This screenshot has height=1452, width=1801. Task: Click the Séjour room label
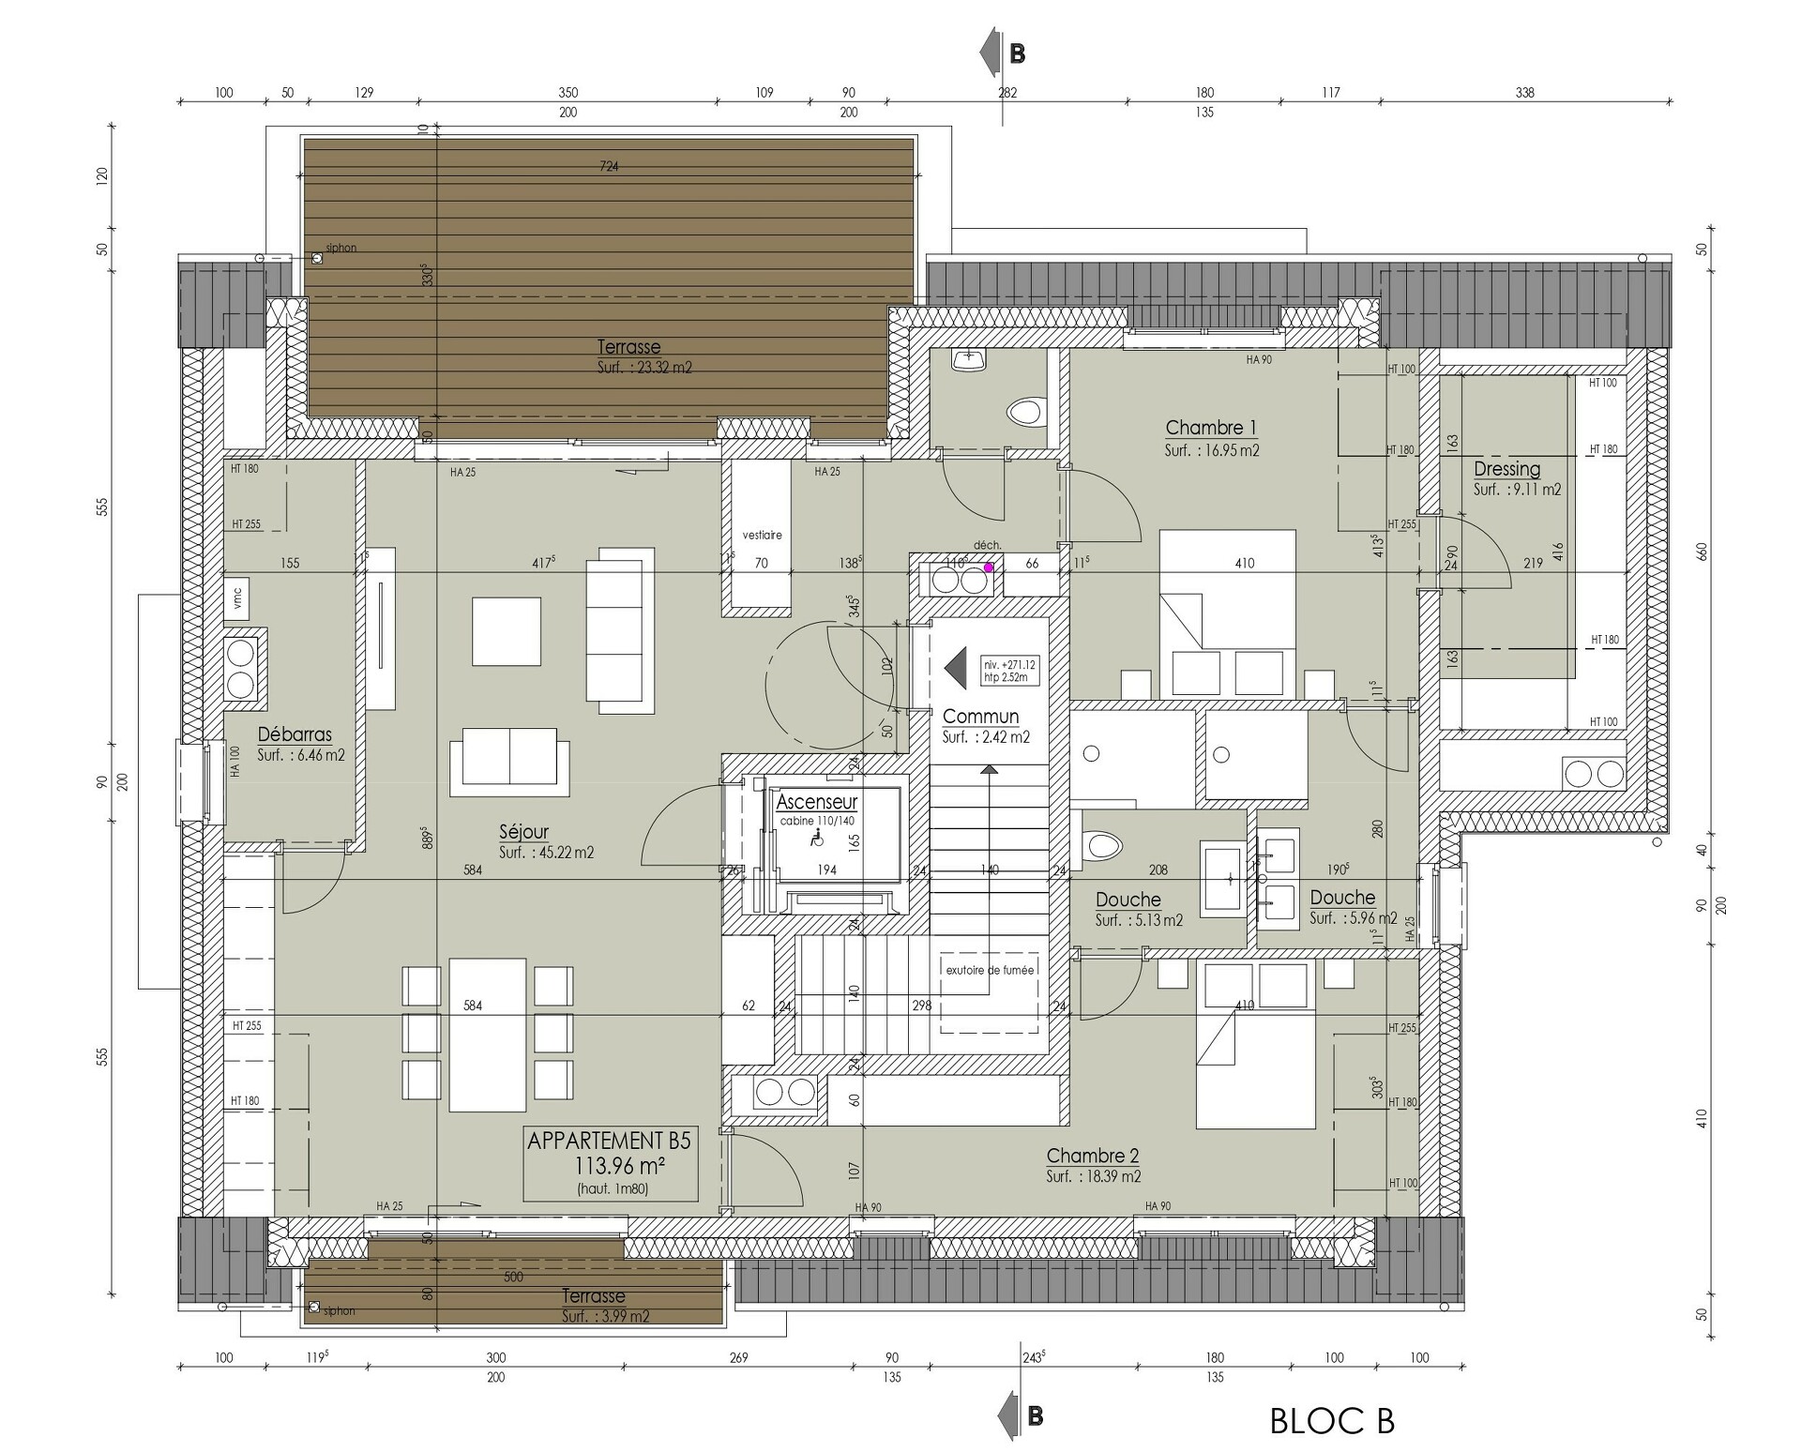523,831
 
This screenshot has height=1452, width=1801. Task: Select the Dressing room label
1506,469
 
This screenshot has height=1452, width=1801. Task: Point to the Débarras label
295,734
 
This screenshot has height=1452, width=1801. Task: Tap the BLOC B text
1332,1421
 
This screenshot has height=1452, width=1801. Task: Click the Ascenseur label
817,802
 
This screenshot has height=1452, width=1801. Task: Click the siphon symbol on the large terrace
317,258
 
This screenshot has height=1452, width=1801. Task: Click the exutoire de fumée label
990,970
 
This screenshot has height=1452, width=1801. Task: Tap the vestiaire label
762,536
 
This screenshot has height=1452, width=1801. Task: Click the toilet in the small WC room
1026,412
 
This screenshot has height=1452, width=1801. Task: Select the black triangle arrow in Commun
955,669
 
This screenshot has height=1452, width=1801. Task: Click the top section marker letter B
1017,54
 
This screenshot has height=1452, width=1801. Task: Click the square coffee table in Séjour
507,631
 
